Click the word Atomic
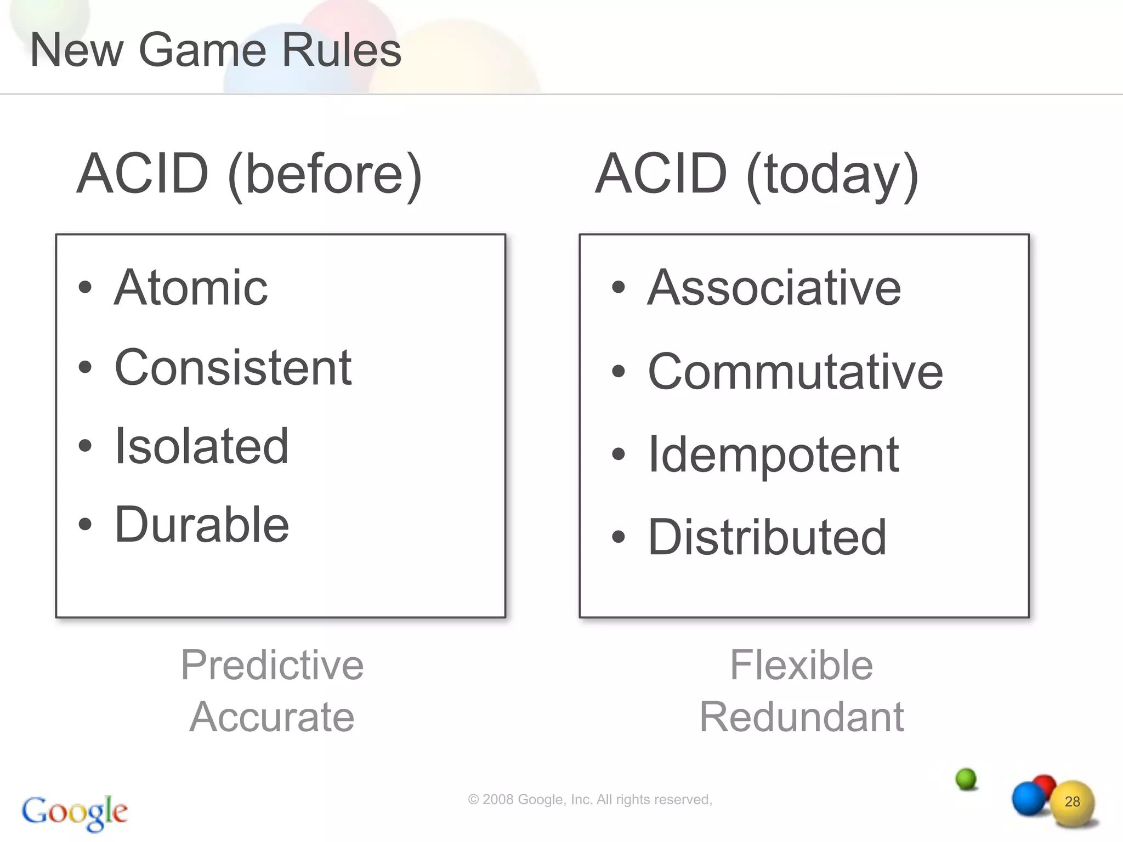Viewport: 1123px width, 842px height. [191, 288]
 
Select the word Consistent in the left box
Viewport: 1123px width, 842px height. [233, 367]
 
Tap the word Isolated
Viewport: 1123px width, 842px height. [201, 446]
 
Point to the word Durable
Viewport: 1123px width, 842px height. [202, 525]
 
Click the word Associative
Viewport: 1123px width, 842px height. [774, 288]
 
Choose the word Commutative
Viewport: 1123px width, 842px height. [795, 372]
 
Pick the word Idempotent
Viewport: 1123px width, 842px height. [773, 455]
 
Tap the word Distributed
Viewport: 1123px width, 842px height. [767, 537]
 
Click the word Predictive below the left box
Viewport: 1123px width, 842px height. [272, 665]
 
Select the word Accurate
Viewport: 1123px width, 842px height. [272, 716]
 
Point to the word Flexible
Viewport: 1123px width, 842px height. [801, 665]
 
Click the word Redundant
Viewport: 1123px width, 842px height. [801, 716]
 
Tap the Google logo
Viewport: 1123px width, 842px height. [75, 812]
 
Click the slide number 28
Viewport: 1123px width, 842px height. [1072, 802]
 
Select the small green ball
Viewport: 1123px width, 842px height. [966, 778]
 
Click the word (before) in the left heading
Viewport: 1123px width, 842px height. [325, 174]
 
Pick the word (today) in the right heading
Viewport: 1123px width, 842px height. [832, 174]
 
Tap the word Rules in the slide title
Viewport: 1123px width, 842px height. [342, 50]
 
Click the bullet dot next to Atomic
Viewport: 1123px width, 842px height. [85, 287]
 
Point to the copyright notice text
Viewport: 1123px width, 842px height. [589, 800]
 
